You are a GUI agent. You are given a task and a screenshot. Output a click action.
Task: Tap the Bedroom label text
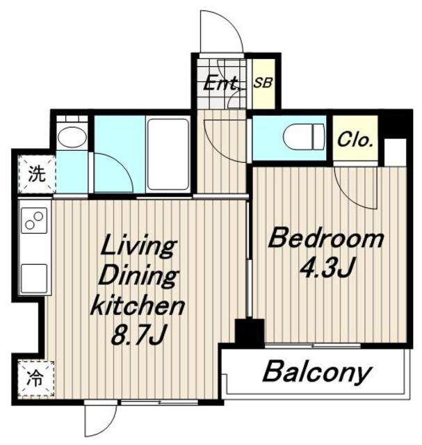326,238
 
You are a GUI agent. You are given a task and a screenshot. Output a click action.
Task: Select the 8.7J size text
138,336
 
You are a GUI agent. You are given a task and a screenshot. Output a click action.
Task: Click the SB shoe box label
263,83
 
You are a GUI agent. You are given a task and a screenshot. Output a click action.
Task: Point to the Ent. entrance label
222,83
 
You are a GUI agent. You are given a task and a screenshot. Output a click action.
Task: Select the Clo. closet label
355,140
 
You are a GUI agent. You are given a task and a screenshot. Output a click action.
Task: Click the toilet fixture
304,137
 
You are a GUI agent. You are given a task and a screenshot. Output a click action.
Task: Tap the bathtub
168,154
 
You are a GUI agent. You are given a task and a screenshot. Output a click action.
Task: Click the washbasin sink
72,137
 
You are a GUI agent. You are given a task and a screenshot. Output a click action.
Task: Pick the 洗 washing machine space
37,174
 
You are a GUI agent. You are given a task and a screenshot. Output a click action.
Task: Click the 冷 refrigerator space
36,378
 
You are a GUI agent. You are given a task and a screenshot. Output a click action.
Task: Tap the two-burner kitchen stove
34,220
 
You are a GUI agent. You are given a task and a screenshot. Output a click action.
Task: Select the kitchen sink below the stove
34,278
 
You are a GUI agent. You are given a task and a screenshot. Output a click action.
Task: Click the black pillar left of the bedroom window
250,333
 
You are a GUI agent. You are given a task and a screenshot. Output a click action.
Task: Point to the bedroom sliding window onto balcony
313,346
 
